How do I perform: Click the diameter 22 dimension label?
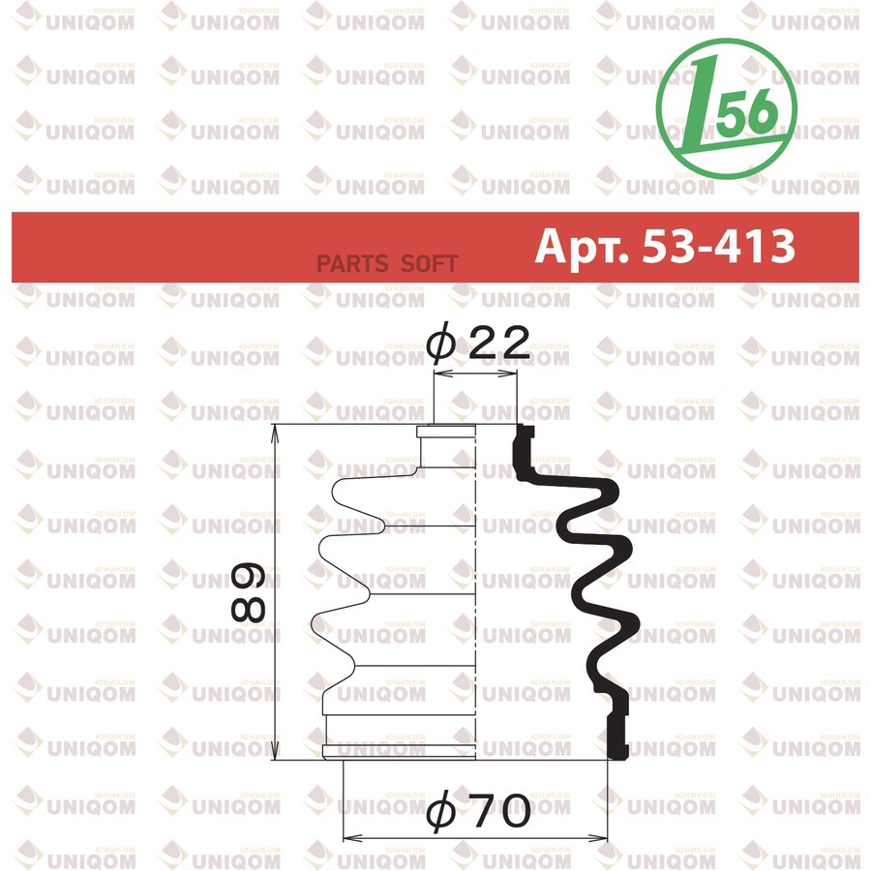click(478, 343)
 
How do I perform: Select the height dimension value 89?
click(249, 592)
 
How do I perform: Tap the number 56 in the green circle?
click(745, 113)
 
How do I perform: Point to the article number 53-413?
click(718, 246)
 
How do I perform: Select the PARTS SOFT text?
click(386, 264)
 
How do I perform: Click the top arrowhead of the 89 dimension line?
click(275, 433)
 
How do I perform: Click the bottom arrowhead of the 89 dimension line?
click(275, 751)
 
